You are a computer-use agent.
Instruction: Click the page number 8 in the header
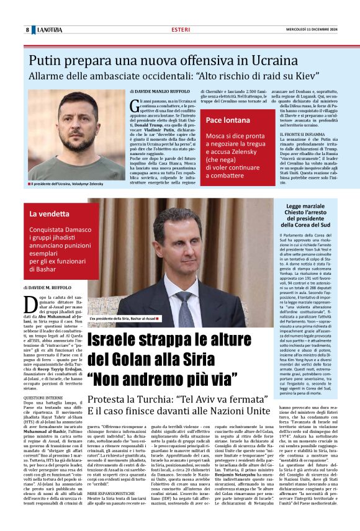tap(27, 29)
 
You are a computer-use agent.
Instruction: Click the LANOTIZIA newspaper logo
tap(49, 29)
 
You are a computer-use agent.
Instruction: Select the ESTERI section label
tap(181, 29)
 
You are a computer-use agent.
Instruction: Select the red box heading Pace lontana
tap(228, 118)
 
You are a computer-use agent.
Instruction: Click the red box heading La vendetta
tap(50, 214)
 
